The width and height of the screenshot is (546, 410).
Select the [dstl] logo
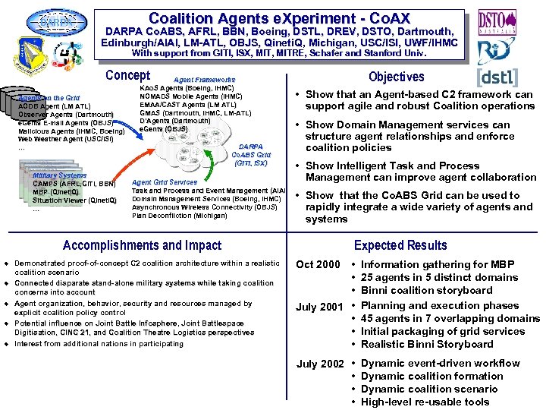[x=497, y=77]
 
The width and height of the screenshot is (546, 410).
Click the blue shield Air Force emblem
[x=30, y=57]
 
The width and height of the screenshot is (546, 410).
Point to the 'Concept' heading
[x=127, y=76]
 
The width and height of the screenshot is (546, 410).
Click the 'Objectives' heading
[x=396, y=77]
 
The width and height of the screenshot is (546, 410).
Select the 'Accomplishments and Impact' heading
[x=142, y=245]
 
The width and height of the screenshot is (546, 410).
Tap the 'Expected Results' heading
[x=400, y=245]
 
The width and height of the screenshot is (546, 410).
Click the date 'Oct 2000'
[x=318, y=265]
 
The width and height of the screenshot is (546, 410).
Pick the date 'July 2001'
[x=319, y=307]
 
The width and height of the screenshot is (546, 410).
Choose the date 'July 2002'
[x=319, y=364]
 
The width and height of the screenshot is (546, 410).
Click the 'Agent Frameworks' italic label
[x=204, y=80]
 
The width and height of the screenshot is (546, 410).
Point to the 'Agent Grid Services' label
[x=165, y=182]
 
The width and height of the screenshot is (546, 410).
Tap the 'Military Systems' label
[x=60, y=175]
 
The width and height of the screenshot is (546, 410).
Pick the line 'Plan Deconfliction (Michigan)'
[x=179, y=216]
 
